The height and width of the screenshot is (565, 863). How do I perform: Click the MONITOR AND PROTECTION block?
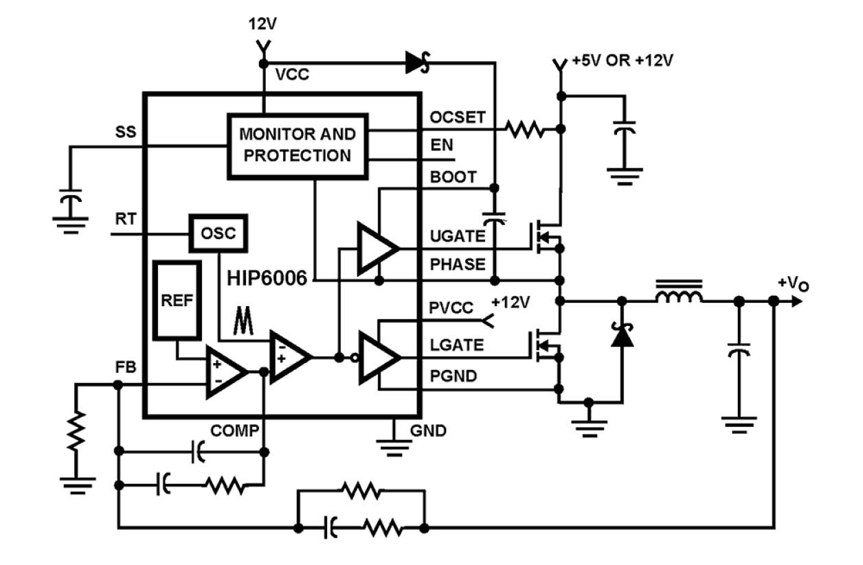pyautogui.click(x=297, y=146)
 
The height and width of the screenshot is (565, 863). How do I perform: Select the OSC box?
pyautogui.click(x=217, y=234)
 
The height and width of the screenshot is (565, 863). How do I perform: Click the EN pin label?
pyautogui.click(x=439, y=146)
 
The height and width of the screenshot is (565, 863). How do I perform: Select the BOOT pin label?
pyautogui.click(x=452, y=177)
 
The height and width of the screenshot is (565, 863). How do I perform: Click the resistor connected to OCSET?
pyautogui.click(x=526, y=128)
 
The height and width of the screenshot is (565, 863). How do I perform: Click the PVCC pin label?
pyautogui.click(x=451, y=309)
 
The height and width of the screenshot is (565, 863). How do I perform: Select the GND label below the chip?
pyautogui.click(x=427, y=432)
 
